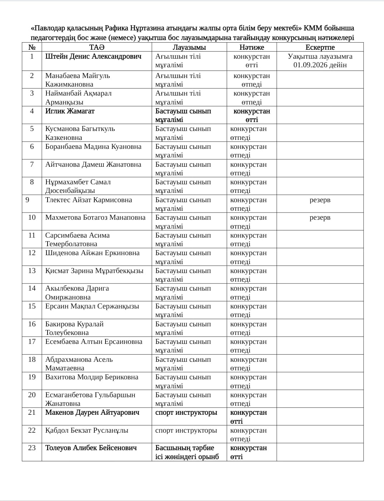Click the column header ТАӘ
point(97,47)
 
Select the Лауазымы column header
point(189,47)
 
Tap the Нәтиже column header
point(252,47)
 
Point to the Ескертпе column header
point(320,47)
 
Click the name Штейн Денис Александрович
point(93,57)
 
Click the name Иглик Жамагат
point(70,111)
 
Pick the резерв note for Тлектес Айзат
point(320,200)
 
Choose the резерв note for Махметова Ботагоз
point(320,218)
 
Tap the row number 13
point(32,271)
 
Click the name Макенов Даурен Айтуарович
point(92,413)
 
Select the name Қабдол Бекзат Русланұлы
point(87,431)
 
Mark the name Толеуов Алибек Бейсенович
point(91,448)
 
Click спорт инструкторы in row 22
point(186,431)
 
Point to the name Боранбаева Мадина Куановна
point(93,147)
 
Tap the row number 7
point(32,165)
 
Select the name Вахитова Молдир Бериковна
point(92,377)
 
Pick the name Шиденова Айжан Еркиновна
point(92,253)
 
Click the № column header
point(32,47)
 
